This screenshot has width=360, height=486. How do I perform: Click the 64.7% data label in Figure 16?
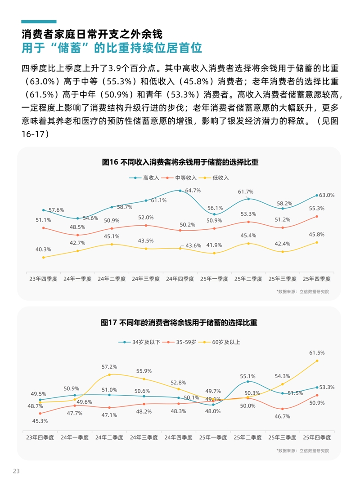tap(193, 191)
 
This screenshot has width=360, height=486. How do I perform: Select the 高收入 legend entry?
tap(147, 178)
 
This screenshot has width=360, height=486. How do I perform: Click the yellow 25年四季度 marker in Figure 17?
tap(317, 361)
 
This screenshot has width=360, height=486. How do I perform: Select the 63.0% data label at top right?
tap(327, 195)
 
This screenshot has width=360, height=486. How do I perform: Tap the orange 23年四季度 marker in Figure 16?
tap(44, 228)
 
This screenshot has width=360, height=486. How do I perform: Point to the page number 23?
tap(17, 471)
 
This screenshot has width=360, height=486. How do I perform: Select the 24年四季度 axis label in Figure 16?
tap(180, 279)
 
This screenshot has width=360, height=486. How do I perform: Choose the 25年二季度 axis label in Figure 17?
tap(248, 437)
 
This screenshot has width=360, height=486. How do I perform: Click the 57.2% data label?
tap(109, 367)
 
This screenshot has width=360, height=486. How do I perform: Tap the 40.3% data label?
tap(44, 250)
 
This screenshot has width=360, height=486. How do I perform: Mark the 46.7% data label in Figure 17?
tap(282, 417)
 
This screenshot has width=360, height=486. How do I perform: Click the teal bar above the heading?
tap(39, 22)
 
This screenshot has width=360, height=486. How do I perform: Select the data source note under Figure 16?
tap(303, 291)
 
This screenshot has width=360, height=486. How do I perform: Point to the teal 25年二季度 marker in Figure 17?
tap(248, 382)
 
